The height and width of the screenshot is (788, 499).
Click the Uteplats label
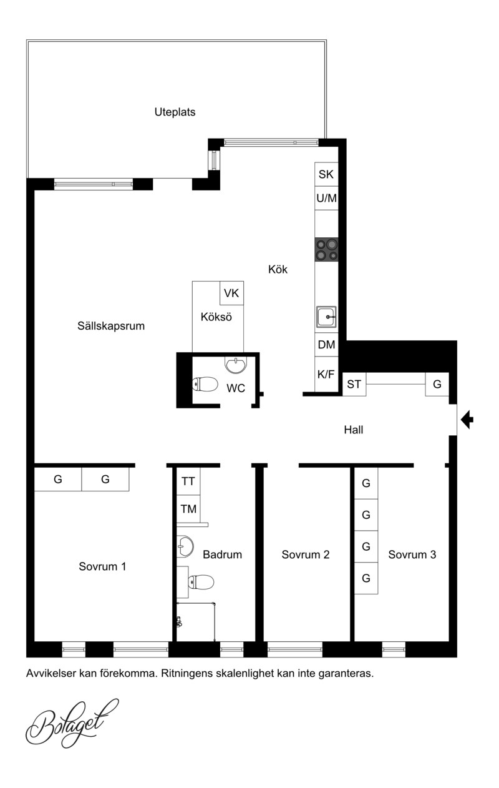point(175,112)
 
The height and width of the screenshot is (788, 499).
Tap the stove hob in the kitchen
point(326,249)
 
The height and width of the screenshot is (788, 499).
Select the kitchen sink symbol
point(326,317)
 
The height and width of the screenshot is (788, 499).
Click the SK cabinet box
point(326,174)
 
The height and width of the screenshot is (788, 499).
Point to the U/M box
point(326,198)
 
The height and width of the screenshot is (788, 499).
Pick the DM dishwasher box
point(326,345)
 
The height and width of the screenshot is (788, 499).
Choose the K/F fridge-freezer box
point(326,374)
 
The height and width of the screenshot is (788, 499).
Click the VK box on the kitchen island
point(231,293)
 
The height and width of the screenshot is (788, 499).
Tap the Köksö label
point(216,317)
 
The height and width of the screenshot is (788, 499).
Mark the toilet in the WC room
point(205,384)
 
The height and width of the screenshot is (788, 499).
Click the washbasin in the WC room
point(236,365)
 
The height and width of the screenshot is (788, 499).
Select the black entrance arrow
point(467,420)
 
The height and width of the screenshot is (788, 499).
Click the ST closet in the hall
point(354,384)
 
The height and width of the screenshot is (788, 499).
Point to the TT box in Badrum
point(188,481)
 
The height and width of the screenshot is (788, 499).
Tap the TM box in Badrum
point(188,509)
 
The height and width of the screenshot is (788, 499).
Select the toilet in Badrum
point(201,582)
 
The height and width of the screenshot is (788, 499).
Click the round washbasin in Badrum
point(185,546)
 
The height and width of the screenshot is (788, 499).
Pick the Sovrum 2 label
point(306,554)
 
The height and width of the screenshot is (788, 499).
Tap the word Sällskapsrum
point(111,326)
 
